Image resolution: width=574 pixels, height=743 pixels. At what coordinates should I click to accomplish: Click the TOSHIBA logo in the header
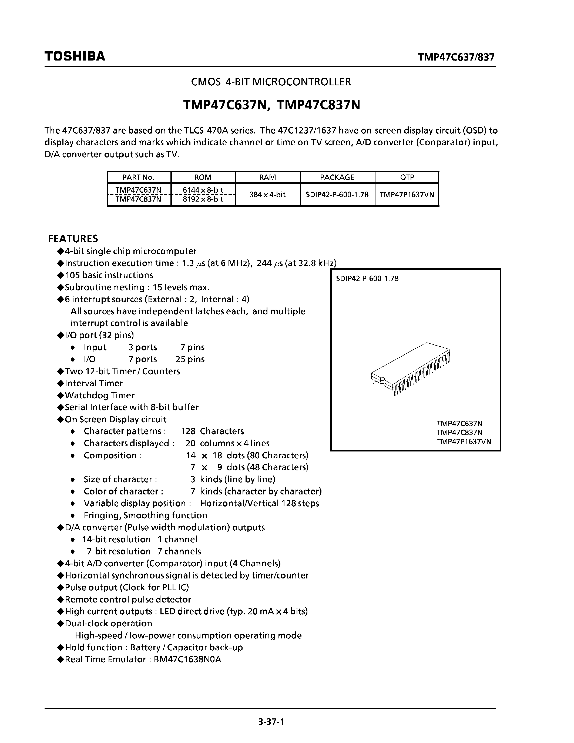tap(75, 56)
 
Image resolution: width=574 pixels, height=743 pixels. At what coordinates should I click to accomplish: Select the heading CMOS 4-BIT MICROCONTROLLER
tap(271, 82)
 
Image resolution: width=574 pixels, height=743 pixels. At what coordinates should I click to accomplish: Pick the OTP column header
tap(407, 177)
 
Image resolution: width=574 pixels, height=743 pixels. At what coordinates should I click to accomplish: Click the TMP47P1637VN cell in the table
tap(407, 195)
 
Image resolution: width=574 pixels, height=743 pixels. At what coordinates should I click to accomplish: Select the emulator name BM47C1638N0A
tap(187, 659)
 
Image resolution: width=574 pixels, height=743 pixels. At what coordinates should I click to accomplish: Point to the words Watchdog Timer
tap(100, 395)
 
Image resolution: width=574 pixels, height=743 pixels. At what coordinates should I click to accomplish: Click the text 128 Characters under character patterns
tap(212, 431)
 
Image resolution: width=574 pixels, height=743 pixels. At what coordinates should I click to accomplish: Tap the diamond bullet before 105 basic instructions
tap(61, 275)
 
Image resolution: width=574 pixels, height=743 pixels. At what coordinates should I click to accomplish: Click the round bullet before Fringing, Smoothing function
tap(72, 516)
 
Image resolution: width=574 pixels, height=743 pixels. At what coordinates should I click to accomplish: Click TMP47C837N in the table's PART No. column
tap(138, 199)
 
